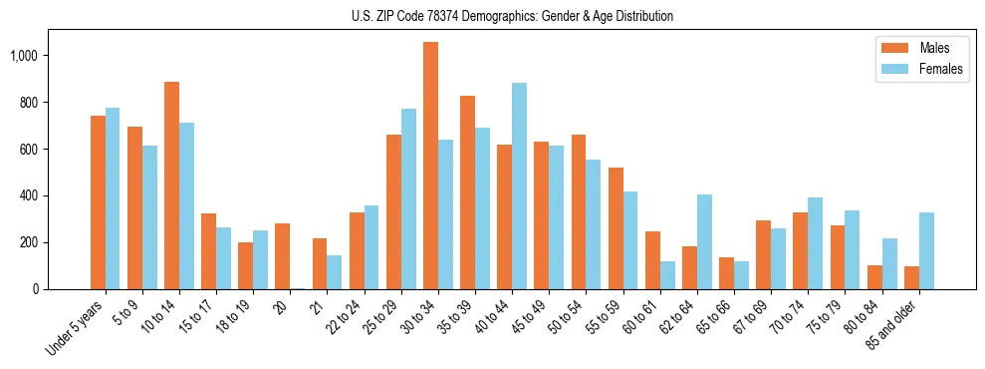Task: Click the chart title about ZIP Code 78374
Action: click(x=512, y=16)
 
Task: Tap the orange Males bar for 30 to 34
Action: click(x=430, y=166)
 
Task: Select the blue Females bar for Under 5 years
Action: click(x=113, y=198)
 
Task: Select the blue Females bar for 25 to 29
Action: click(x=408, y=199)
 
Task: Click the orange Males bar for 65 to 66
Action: click(x=727, y=273)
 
